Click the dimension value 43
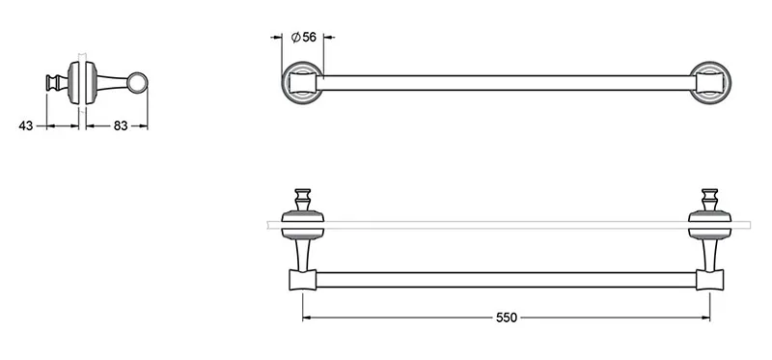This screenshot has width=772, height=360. coord(26,126)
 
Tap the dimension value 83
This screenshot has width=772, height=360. coord(121,126)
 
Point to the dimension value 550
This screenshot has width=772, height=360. coord(506,318)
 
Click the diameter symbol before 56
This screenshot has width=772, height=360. coord(295,37)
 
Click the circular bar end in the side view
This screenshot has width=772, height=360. coord(137,83)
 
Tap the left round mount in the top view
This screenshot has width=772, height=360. coord(303,83)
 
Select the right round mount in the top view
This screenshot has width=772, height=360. coord(710,83)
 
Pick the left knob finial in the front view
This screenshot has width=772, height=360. coord(303,200)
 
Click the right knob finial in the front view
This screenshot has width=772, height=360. coord(709,200)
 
